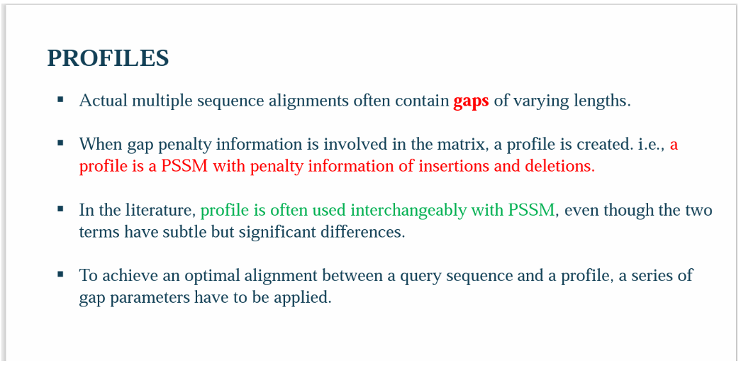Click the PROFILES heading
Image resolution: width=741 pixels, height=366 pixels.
(x=108, y=58)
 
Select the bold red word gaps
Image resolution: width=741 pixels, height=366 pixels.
(x=471, y=101)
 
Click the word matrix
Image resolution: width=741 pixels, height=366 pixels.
(x=466, y=144)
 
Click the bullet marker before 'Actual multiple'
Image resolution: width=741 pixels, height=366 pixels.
(x=60, y=99)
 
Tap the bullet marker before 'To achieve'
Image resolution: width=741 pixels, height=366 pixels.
(x=60, y=273)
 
